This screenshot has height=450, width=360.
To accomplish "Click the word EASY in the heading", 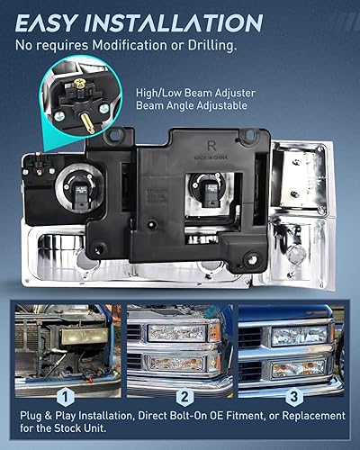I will click(x=56, y=22).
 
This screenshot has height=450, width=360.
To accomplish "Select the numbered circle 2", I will click(x=183, y=395).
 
